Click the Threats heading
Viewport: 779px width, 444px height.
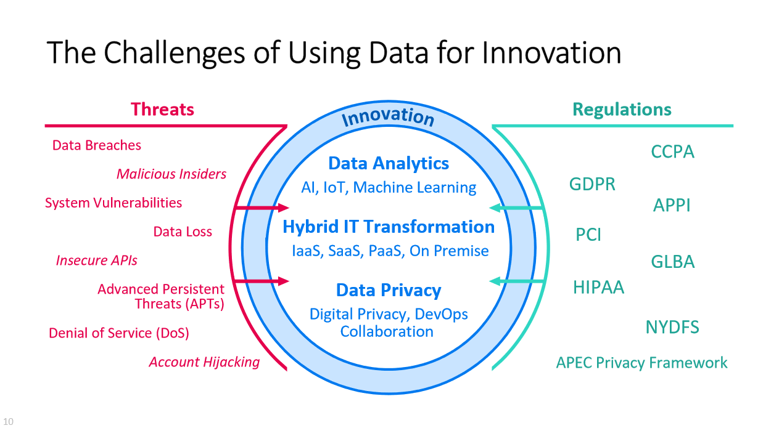162,110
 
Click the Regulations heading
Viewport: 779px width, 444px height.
621,110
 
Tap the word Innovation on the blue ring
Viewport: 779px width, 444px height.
388,116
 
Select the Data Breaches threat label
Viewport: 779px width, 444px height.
96,145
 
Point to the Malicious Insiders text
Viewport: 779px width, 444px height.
171,174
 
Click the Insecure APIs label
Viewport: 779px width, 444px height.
96,260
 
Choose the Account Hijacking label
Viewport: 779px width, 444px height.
204,362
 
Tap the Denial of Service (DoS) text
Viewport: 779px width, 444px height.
118,333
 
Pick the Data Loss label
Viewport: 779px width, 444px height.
183,232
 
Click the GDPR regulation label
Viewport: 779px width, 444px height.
592,184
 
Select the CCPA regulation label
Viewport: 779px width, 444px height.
672,151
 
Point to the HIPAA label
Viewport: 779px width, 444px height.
598,287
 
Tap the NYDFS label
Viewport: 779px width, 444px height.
672,327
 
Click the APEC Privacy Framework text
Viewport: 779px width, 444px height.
641,363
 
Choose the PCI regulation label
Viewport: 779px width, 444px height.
588,235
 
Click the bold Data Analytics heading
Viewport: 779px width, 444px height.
389,163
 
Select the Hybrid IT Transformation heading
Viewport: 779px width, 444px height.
389,227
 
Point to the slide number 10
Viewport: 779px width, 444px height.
8,422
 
